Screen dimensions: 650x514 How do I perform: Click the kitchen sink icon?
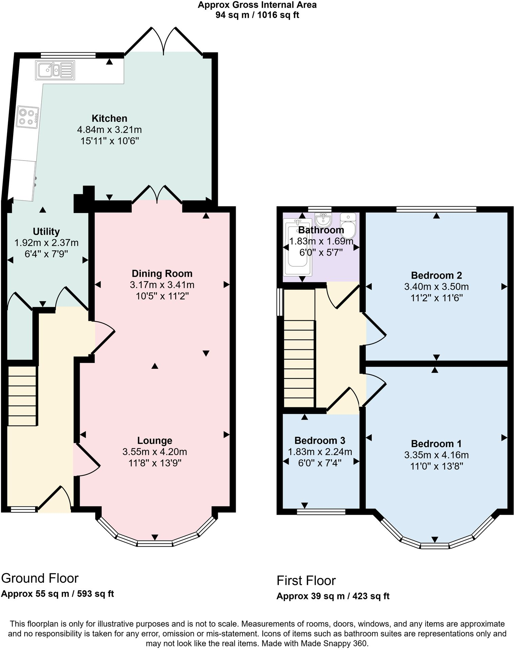coord(55,70)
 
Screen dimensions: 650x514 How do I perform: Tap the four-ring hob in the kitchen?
coord(28,117)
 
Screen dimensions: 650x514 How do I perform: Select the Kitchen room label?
coord(109,118)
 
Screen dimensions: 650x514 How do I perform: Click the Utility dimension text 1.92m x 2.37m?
coord(46,243)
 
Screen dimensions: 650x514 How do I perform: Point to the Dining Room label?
coord(162,273)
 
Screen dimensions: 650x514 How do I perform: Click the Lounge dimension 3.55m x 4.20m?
coord(155,452)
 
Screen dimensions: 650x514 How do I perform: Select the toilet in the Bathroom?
coord(348,226)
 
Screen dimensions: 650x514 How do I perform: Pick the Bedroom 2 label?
coord(436,275)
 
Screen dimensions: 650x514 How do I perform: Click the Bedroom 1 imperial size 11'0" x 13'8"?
coord(436,466)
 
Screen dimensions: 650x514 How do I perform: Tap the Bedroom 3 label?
coord(319,440)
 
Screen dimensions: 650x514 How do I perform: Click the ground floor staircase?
coord(22,396)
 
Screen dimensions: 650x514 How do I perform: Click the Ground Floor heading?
coord(40,578)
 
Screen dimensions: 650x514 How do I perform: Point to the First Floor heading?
coord(306,580)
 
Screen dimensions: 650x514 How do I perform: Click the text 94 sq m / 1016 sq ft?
coord(257,15)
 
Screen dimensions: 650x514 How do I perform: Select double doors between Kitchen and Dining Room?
coord(157,194)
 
